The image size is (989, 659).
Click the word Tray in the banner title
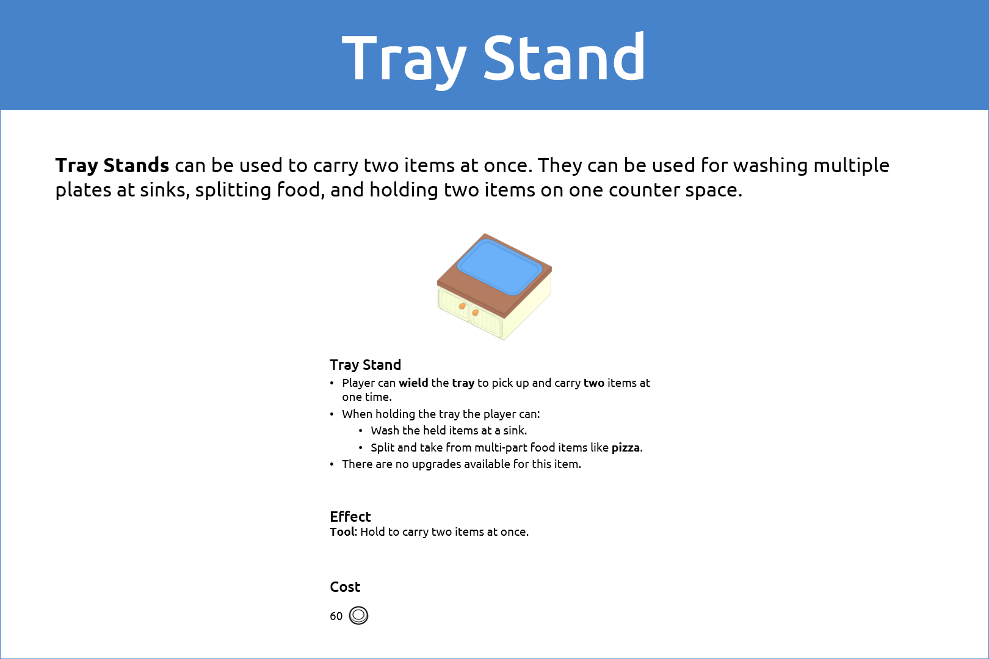click(404, 60)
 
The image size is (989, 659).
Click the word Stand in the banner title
click(564, 57)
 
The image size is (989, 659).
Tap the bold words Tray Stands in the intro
click(112, 165)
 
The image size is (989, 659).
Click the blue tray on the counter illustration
click(499, 267)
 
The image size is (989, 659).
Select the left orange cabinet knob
click(462, 306)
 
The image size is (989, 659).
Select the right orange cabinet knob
click(475, 312)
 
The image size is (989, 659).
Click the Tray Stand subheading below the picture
click(365, 365)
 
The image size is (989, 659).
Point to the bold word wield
click(413, 383)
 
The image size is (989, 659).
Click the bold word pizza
click(626, 448)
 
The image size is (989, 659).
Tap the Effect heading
click(350, 516)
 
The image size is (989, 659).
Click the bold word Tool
click(342, 532)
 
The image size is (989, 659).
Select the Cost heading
click(345, 586)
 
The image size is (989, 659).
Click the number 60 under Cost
click(336, 616)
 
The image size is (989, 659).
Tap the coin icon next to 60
click(358, 615)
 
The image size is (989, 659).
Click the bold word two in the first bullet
click(594, 383)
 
